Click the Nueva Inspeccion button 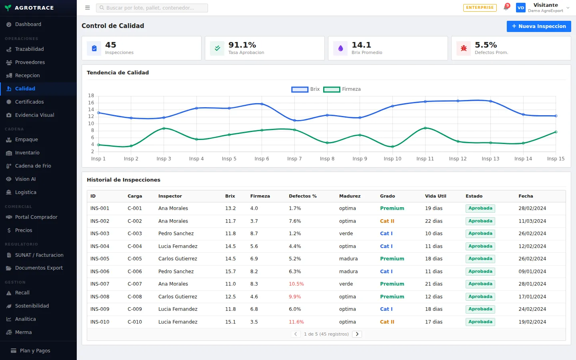coord(539,26)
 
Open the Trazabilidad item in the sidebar coord(29,49)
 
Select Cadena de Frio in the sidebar coord(33,166)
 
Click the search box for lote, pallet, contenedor coord(152,8)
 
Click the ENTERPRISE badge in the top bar coord(480,8)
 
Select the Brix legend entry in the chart coord(306,89)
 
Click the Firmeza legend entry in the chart coord(342,89)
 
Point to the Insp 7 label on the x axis coord(294,159)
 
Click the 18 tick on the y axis coord(91,96)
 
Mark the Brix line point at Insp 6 coord(262,104)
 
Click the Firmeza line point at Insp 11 coord(425,128)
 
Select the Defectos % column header coord(303,196)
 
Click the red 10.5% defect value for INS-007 coord(296,284)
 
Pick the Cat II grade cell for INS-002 coord(387,221)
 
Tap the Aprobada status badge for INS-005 coord(480,259)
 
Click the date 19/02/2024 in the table coord(532,322)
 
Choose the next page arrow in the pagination coord(357,334)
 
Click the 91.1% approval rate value coord(242,45)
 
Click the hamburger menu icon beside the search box coord(88,8)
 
